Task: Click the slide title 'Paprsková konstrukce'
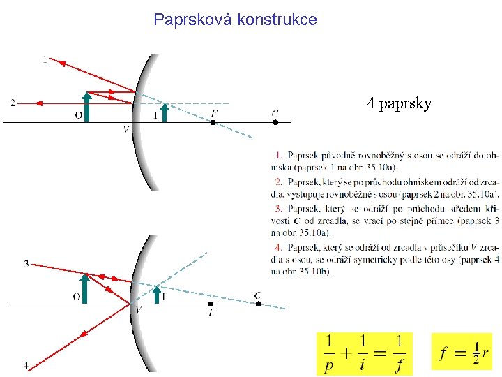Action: (235, 20)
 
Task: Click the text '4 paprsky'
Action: (400, 104)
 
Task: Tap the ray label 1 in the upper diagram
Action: (45, 60)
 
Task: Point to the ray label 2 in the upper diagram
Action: (13, 103)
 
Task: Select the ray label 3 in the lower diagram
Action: (26, 264)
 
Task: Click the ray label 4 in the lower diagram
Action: (26, 364)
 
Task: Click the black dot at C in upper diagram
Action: (275, 122)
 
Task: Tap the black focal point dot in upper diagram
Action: (213, 122)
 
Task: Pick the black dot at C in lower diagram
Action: (258, 304)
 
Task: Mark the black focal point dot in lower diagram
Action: (211, 304)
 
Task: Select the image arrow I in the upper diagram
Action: (165, 112)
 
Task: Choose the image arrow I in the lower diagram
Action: (158, 294)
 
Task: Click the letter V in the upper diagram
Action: (125, 129)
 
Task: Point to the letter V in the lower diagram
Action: (138, 310)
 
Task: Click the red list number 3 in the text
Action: (278, 208)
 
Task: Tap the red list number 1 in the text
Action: (278, 154)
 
